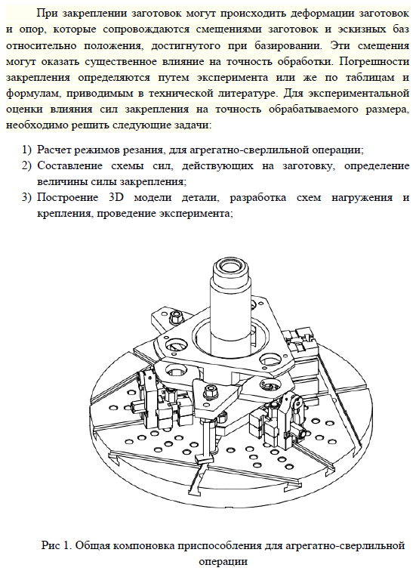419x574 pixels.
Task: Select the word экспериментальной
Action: coord(359,94)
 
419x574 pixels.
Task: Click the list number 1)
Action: coord(27,150)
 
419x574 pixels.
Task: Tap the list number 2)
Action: coord(27,166)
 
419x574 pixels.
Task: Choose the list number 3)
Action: coord(27,198)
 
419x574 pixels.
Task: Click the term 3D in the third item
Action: coord(117,198)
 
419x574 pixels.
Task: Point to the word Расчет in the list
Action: coord(55,150)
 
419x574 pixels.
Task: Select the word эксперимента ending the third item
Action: coord(196,214)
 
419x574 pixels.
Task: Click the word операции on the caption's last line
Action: coord(223,562)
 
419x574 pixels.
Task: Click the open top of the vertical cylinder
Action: coord(230,268)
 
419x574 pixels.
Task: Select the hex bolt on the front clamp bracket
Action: coord(210,390)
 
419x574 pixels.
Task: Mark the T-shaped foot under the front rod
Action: coord(204,458)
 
